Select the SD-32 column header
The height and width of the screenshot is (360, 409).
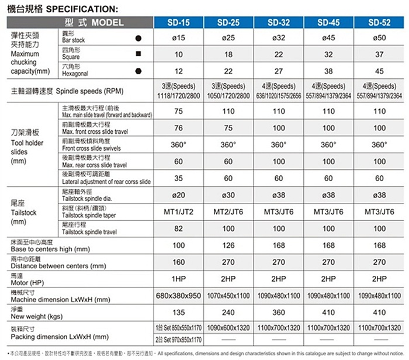279,23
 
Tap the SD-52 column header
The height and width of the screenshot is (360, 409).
379,23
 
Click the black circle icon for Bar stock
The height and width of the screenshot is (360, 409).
138,38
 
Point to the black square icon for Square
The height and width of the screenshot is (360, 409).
138,54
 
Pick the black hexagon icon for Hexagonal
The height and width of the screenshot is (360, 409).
138,71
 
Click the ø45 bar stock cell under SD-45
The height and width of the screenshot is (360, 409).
328,38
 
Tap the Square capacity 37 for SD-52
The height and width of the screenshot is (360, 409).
379,54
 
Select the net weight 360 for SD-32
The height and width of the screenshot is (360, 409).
279,312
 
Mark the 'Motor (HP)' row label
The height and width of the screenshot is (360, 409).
29,283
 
